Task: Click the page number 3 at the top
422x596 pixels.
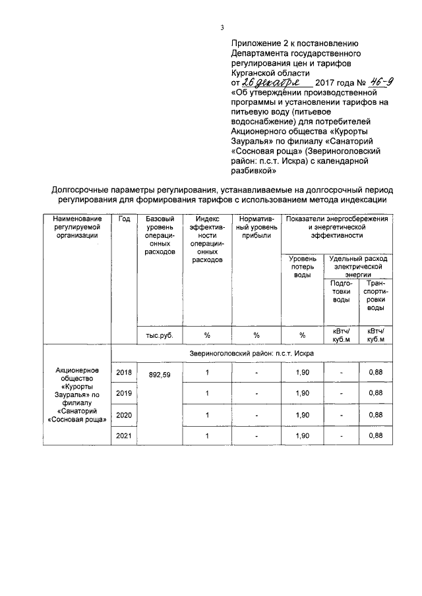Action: pos(222,27)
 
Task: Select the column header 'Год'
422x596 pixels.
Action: pos(123,219)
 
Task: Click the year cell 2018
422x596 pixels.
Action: pos(123,373)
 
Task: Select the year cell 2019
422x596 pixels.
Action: pos(123,394)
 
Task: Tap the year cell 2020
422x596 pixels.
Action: pos(123,415)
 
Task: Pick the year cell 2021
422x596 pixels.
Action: pos(123,435)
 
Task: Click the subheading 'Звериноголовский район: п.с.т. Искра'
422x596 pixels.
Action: pos(251,354)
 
